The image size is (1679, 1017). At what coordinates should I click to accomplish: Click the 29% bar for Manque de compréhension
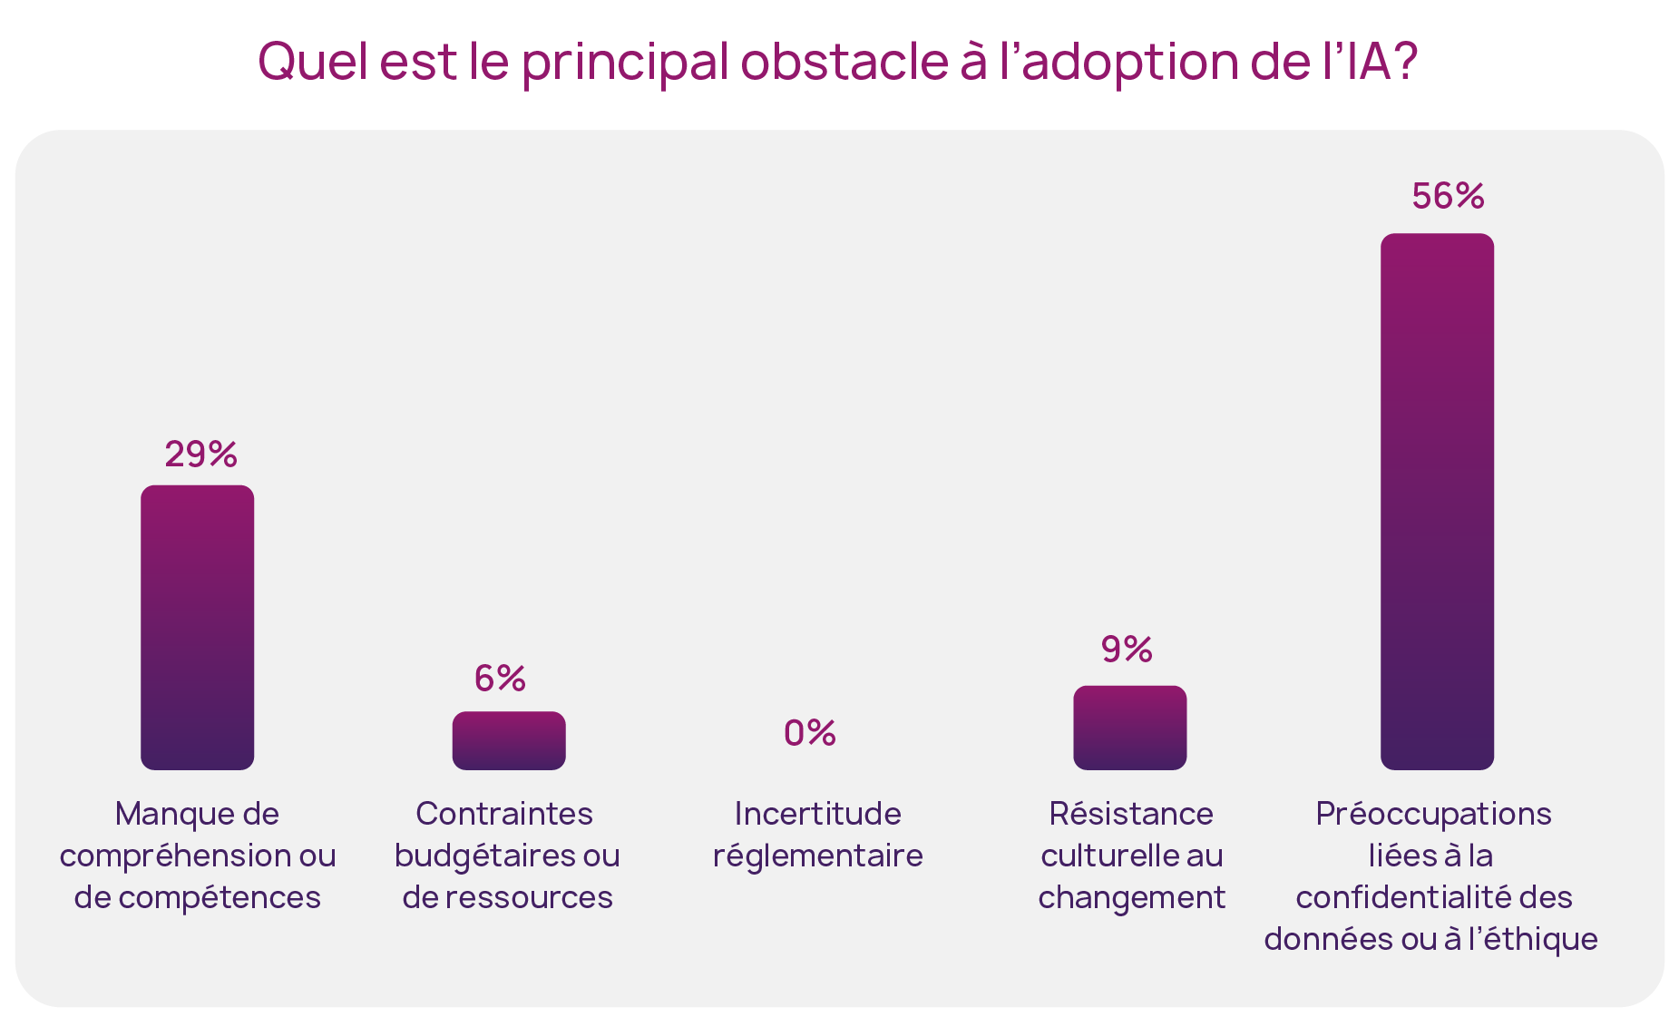(x=197, y=627)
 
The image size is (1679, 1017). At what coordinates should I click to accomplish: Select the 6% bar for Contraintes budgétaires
(x=508, y=740)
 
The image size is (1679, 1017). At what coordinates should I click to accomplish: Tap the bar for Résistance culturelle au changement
(x=1129, y=728)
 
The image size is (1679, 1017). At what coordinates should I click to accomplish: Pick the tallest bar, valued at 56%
(x=1437, y=501)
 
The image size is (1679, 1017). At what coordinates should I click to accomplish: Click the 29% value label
(x=200, y=454)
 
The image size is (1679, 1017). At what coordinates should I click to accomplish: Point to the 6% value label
(x=500, y=678)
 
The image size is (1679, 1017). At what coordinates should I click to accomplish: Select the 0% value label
(x=809, y=732)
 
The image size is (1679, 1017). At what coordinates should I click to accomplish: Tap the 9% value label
(x=1127, y=649)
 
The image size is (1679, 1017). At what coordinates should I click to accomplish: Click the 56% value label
(x=1448, y=196)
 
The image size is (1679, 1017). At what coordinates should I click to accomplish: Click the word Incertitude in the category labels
(x=817, y=814)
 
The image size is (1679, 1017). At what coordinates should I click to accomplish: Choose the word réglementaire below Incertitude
(x=817, y=856)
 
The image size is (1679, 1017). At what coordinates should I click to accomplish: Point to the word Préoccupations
(x=1433, y=814)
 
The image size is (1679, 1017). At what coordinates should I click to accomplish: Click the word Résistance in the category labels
(x=1130, y=814)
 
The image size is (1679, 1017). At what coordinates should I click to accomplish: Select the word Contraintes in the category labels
(x=504, y=814)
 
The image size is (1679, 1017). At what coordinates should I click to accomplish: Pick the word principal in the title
(x=625, y=64)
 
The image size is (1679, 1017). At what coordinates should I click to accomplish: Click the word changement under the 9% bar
(x=1131, y=897)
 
